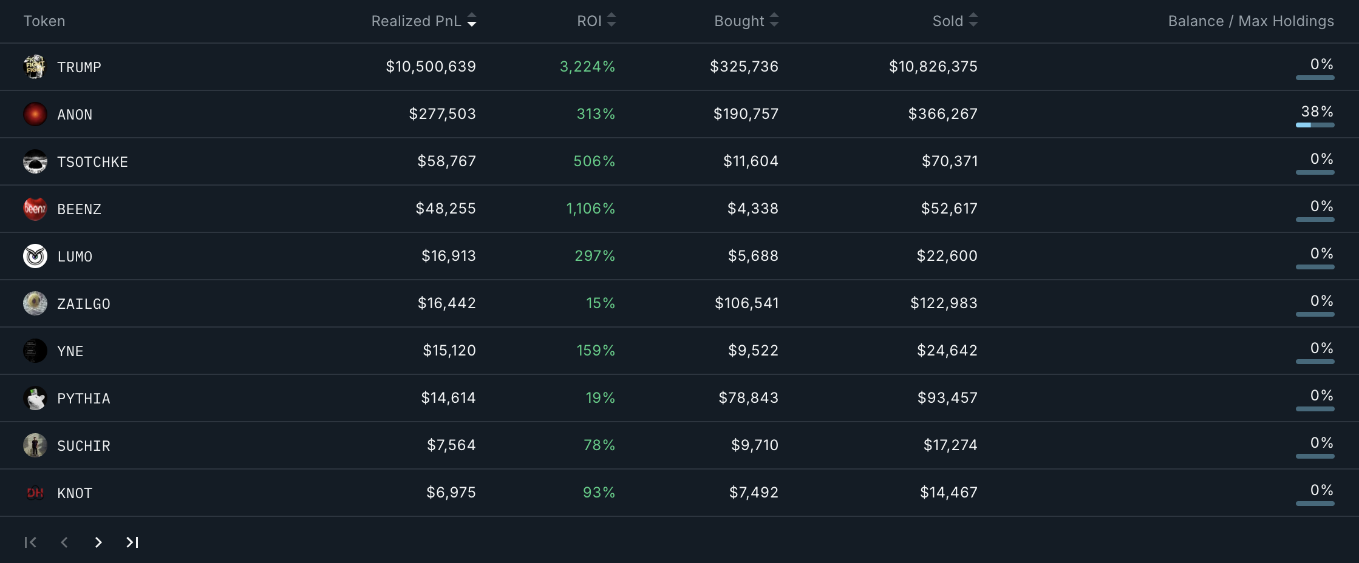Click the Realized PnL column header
(417, 21)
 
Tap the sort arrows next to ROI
(611, 21)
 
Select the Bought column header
(739, 21)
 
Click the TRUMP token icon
(35, 67)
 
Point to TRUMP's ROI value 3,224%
(587, 67)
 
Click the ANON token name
(75, 115)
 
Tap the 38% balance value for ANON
(1316, 112)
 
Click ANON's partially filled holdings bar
(1315, 125)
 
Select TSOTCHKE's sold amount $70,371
(950, 161)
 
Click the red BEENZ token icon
(35, 209)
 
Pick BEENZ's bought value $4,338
(752, 209)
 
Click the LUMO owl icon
(35, 256)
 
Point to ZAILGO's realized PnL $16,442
(446, 303)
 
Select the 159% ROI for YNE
(595, 351)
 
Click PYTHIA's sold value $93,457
(947, 398)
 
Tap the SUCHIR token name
(84, 446)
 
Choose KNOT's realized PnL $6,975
(451, 493)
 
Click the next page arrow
(98, 542)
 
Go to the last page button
(132, 542)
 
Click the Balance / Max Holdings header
(1251, 21)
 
